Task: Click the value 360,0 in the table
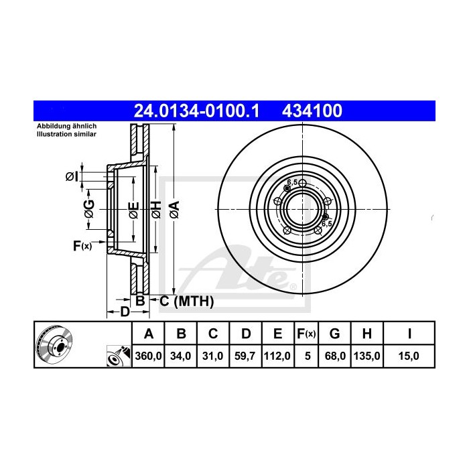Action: pyautogui.click(x=149, y=356)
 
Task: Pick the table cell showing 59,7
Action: pyautogui.click(x=246, y=356)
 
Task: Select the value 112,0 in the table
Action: pyautogui.click(x=277, y=356)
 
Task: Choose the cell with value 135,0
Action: pyautogui.click(x=368, y=356)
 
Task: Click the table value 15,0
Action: pyautogui.click(x=409, y=356)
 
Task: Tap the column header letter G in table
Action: pyautogui.click(x=335, y=334)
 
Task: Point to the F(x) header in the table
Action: pyautogui.click(x=306, y=334)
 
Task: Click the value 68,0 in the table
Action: pyautogui.click(x=335, y=356)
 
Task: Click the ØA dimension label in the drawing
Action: pyautogui.click(x=174, y=210)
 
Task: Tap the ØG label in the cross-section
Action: pyautogui.click(x=88, y=209)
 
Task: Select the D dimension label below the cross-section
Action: pyautogui.click(x=124, y=312)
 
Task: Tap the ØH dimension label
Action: pyautogui.click(x=155, y=209)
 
